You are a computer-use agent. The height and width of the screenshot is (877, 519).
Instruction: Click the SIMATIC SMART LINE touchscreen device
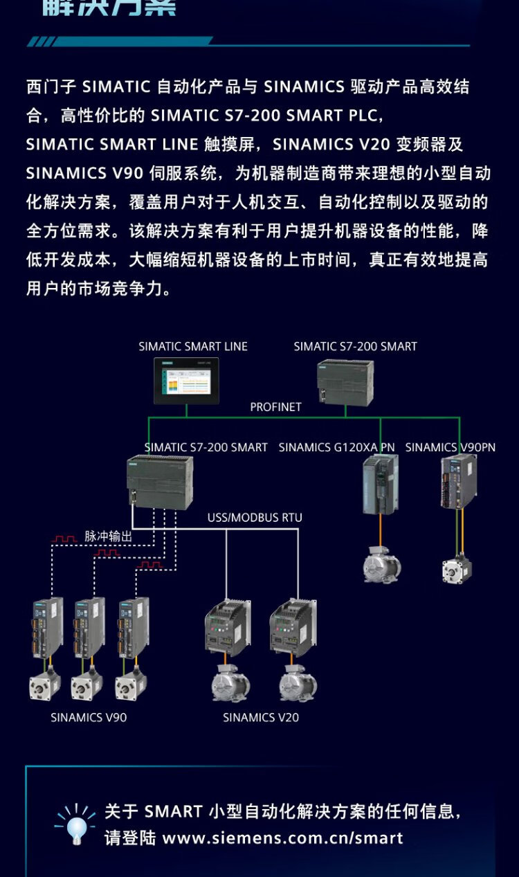coord(186,381)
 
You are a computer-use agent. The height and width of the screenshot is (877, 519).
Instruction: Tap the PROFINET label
coord(275,407)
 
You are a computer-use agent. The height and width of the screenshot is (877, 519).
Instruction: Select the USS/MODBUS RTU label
coord(255,517)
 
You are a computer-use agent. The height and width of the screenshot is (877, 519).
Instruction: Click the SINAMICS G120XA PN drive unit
coord(380,483)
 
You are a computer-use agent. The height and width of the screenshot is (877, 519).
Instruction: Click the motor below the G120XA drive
coord(382,564)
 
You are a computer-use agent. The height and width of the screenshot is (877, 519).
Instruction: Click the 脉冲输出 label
coord(108,536)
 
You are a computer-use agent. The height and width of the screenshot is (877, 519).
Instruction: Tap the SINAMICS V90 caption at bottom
coord(89,717)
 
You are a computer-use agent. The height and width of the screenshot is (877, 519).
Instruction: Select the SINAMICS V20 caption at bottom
coord(261,717)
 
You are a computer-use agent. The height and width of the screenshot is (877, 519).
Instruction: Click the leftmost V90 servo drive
coord(47,627)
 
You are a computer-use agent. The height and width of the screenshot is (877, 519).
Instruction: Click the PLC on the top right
coord(345,382)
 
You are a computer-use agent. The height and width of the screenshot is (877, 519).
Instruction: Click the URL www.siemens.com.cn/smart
coord(282,838)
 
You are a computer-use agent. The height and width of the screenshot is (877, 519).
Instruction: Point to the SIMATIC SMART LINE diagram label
coord(193,346)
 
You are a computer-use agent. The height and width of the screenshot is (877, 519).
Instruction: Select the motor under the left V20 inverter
coord(230,683)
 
